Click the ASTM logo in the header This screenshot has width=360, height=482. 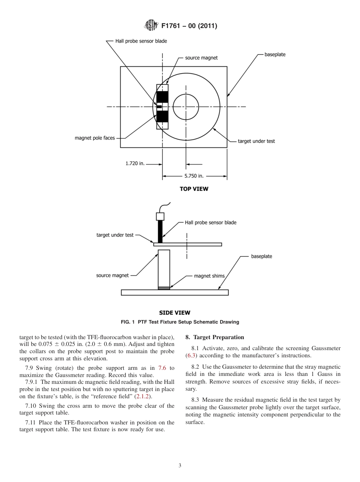click(x=152, y=26)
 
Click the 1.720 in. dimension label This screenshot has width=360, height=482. click(x=135, y=164)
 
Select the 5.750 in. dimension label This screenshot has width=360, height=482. click(x=194, y=176)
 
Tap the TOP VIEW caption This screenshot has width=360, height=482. click(x=194, y=189)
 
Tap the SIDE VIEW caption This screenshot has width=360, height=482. click(x=175, y=313)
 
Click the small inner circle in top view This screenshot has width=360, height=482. click(x=186, y=107)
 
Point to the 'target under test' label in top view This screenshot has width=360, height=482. click(x=256, y=141)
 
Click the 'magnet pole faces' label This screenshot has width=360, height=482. click(x=95, y=138)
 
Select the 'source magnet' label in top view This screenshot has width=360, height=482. click(x=201, y=58)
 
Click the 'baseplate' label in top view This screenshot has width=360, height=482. click(x=275, y=54)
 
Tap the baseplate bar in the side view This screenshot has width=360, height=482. click(x=175, y=292)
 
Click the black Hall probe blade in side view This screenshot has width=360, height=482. click(x=160, y=231)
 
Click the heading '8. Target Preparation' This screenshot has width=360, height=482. click(x=214, y=337)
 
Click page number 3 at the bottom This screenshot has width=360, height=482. click(x=180, y=466)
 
